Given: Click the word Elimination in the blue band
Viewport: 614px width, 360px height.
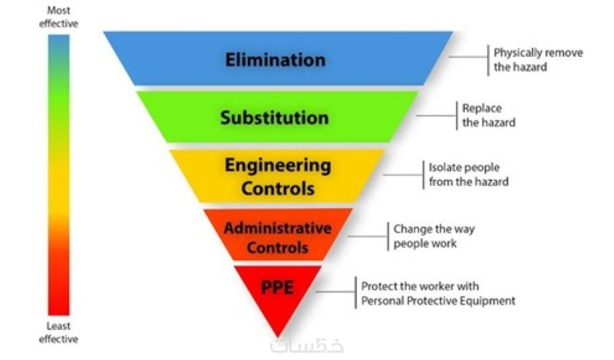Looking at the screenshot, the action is pos(276,60).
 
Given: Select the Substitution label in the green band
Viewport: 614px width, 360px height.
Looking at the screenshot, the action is pos(275,117).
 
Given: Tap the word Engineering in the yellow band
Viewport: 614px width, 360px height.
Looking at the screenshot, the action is pos(278,166).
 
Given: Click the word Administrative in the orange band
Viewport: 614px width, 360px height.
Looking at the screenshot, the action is pos(278,228).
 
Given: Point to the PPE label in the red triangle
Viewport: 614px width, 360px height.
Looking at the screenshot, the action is pos(277,288).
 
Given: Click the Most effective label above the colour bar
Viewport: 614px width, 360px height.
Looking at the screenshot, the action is pos(58,17).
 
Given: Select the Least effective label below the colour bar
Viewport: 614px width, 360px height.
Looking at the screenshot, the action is pos(58,332).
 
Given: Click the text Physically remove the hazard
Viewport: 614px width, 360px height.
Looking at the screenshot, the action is pos(538,60).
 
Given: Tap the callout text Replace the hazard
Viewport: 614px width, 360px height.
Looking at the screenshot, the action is pos(489,115).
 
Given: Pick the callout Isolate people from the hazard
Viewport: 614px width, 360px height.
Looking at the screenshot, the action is pos(468,174).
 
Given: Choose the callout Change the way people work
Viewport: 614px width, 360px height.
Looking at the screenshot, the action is pos(434,236).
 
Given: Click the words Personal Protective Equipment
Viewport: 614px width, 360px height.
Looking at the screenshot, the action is pos(438,301).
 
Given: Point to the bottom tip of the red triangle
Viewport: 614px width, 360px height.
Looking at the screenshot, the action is pos(278,336).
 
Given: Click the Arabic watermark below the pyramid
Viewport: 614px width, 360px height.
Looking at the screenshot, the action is pos(307,346).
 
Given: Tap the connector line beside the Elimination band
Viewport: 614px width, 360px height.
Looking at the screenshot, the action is pos(468,57).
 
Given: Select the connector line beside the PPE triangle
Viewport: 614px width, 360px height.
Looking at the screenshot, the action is pos(335,292).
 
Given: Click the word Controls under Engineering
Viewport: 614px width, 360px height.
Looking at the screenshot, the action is pos(278,188).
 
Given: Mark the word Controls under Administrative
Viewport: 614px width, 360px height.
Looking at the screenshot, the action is pos(278,248).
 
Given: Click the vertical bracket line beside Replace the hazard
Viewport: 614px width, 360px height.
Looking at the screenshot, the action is pos(457,116).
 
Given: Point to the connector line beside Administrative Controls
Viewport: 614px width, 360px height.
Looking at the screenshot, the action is pos(368,236).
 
